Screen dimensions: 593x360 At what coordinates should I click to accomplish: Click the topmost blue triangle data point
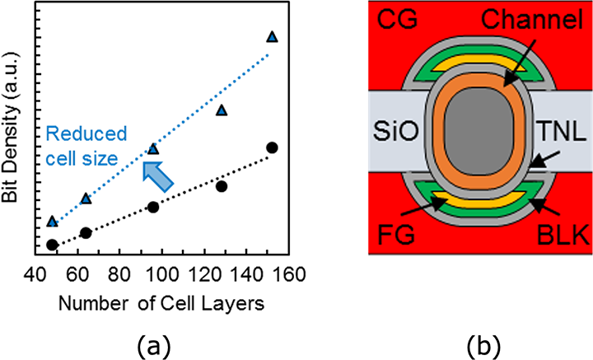[x=272, y=37]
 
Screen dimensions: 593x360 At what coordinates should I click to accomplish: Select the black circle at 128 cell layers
[x=222, y=186]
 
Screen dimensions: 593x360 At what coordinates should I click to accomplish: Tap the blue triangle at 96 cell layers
[x=153, y=149]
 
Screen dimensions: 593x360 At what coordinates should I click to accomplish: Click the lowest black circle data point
[x=52, y=245]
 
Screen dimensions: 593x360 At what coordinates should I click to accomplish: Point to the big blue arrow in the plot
[x=157, y=176]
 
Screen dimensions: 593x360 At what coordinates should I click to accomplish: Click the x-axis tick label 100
[x=163, y=274]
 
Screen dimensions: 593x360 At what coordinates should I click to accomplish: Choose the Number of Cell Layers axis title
[x=161, y=304]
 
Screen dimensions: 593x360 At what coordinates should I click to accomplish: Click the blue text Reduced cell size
[x=86, y=147]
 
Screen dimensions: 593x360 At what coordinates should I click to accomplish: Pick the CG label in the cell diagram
[x=398, y=20]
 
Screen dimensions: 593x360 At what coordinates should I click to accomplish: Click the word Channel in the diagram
[x=532, y=20]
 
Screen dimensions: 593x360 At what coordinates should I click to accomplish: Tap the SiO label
[x=396, y=132]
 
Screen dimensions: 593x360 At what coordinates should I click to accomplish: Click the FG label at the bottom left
[x=397, y=235]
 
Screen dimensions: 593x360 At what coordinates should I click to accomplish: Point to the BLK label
[x=563, y=235]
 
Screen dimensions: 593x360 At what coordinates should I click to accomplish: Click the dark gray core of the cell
[x=479, y=131]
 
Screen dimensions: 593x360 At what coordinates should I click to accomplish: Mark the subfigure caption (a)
[x=153, y=346]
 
